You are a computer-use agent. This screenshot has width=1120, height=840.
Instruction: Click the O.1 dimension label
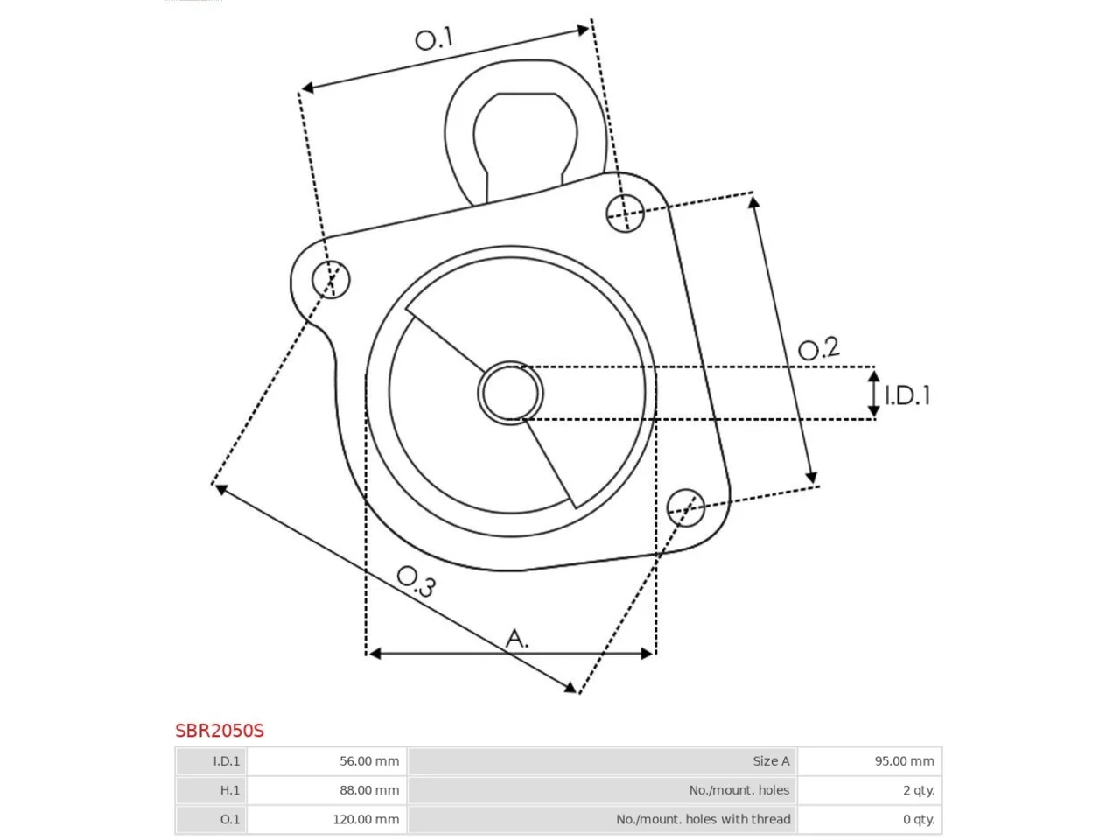(x=434, y=38)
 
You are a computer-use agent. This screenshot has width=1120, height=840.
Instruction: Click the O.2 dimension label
(x=818, y=348)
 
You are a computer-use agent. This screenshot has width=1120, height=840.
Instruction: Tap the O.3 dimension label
(x=416, y=581)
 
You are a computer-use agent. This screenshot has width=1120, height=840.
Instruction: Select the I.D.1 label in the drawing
(x=906, y=395)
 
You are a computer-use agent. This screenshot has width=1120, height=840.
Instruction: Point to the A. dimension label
(x=516, y=639)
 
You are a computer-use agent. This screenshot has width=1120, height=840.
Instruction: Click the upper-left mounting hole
(x=331, y=279)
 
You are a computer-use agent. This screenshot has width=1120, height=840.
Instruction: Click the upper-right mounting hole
(x=625, y=213)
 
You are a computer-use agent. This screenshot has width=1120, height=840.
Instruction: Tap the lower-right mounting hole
(x=685, y=507)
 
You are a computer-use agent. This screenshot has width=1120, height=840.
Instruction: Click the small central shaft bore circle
(x=510, y=393)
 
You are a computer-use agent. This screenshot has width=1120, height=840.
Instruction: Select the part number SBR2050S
(x=220, y=731)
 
